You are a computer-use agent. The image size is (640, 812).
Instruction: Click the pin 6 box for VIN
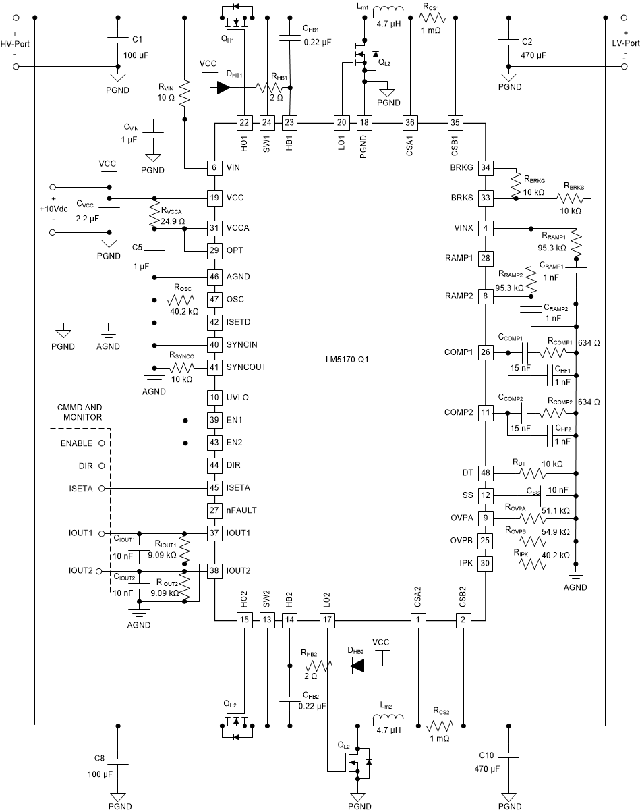click(214, 167)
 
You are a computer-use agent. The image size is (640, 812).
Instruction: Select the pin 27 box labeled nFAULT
click(214, 510)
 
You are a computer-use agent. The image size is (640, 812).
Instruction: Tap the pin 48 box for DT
click(485, 472)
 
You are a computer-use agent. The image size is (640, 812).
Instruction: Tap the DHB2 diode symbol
click(357, 666)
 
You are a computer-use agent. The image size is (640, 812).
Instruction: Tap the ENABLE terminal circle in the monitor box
click(101, 443)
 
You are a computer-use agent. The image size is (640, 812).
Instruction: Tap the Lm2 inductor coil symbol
click(388, 720)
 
